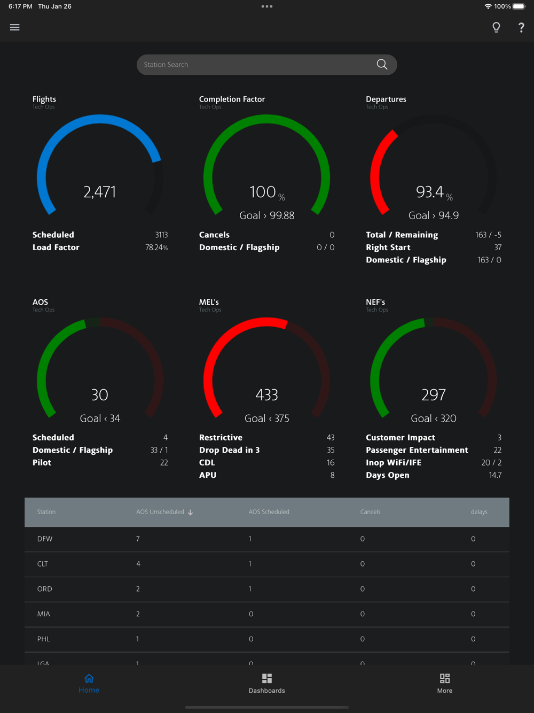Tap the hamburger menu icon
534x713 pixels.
click(x=15, y=27)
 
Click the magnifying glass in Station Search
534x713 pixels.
click(x=382, y=65)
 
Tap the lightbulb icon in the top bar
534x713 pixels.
click(x=496, y=27)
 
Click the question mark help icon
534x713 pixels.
click(x=521, y=28)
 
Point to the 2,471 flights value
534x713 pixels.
click(x=100, y=192)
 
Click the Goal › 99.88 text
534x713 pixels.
click(x=267, y=215)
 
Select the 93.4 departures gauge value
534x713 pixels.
click(x=430, y=192)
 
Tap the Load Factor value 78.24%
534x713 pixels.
click(x=156, y=247)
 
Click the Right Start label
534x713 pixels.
click(x=388, y=247)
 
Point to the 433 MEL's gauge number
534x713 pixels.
click(x=267, y=395)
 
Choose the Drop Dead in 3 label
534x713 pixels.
click(x=230, y=450)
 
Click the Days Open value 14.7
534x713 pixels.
click(x=495, y=475)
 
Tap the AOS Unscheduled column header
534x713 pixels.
click(x=160, y=512)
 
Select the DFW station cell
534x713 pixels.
click(x=45, y=539)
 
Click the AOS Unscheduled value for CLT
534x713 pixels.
click(x=138, y=564)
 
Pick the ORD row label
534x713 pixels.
click(x=45, y=589)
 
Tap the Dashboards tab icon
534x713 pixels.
click(x=267, y=679)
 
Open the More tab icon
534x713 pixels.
click(x=445, y=679)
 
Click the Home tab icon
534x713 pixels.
click(x=89, y=679)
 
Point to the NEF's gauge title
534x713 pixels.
click(x=375, y=303)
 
